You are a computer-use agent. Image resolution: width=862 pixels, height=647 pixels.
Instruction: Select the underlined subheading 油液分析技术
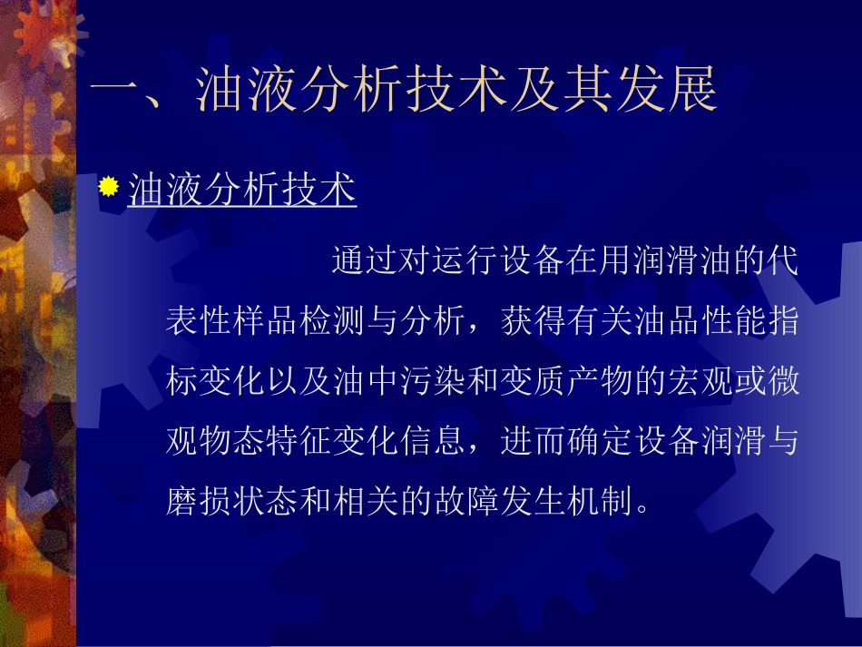[242, 191]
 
